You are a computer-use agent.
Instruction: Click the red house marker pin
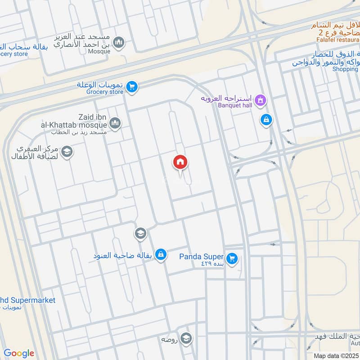tap(180, 162)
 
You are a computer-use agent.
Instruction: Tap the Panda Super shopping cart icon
tap(232, 258)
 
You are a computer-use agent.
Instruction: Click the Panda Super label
tap(202, 257)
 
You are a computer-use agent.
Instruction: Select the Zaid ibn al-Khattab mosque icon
tap(115, 122)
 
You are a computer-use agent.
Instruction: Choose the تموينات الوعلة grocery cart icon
tap(131, 86)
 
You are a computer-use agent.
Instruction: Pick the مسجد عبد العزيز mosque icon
tap(118, 42)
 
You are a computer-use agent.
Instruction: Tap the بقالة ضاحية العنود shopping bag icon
tap(161, 255)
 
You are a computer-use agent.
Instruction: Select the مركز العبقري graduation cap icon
tap(67, 152)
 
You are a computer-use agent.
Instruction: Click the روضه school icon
tap(186, 338)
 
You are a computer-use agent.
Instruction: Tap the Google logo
tap(19, 353)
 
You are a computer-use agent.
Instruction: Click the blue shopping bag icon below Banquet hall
tap(266, 120)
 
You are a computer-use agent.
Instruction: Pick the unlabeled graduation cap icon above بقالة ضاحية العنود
tap(140, 233)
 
